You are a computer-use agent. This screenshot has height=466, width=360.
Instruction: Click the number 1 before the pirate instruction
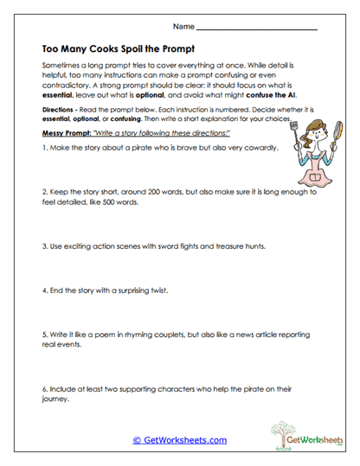[x=43, y=149]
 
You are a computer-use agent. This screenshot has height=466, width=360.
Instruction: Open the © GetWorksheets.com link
[x=180, y=440]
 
